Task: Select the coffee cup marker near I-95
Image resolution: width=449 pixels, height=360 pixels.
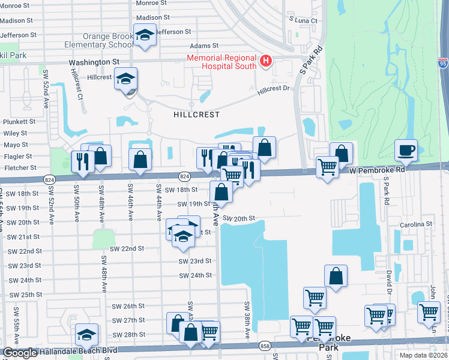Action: tap(406, 150)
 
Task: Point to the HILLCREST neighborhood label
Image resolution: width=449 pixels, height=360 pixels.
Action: tap(196, 114)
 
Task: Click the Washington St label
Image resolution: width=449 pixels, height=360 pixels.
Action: tap(94, 62)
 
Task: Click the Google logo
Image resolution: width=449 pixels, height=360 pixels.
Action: tap(20, 353)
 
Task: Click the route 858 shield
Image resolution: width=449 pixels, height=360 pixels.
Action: tap(265, 346)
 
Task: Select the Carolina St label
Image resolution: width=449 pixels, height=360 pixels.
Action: tap(417, 224)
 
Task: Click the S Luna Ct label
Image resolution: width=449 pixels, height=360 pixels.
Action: tap(303, 20)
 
